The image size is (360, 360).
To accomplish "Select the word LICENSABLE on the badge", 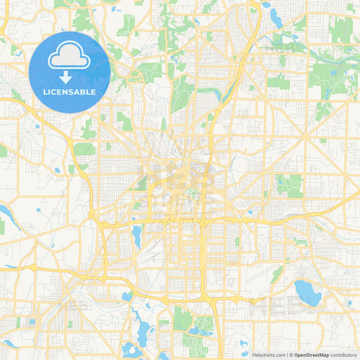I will point(70,92).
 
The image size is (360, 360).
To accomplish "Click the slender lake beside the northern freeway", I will point(276,16).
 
